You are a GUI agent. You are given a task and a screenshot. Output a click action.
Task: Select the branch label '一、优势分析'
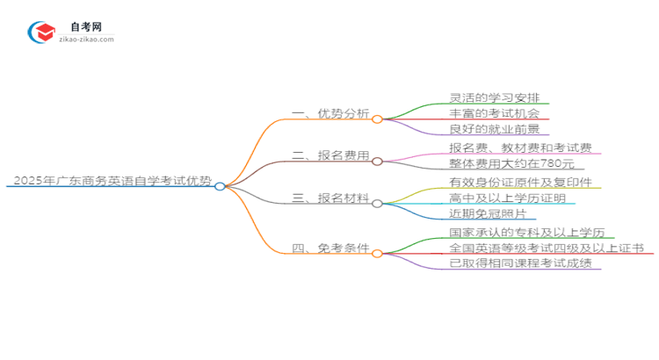(330, 113)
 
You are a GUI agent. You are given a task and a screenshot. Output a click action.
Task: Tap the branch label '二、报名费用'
(330, 156)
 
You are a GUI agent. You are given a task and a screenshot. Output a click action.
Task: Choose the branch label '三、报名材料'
(330, 198)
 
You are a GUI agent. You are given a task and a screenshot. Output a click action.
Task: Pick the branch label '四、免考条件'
(330, 248)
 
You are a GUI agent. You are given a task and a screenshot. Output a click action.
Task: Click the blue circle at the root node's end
(220, 186)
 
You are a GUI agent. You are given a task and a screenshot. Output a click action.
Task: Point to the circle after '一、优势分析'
(377, 119)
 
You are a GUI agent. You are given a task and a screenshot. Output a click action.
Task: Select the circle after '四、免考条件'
(377, 253)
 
